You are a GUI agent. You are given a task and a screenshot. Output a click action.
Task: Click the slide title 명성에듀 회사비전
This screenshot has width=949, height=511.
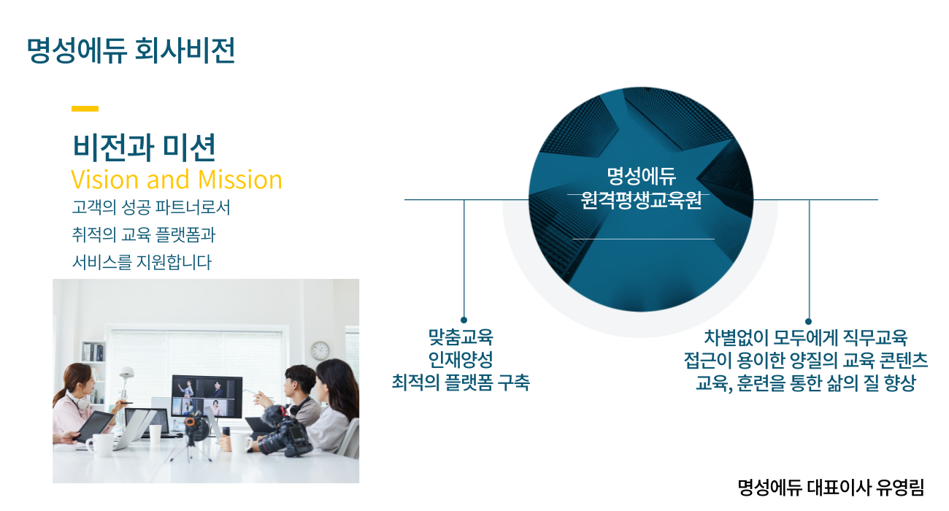[x=131, y=50]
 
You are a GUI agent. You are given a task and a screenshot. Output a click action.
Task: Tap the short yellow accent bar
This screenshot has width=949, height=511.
[x=85, y=109]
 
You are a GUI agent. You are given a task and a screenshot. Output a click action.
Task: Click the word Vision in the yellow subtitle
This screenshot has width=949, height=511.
[x=105, y=180]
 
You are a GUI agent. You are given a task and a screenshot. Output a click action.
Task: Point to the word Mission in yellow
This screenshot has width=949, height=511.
[x=239, y=180]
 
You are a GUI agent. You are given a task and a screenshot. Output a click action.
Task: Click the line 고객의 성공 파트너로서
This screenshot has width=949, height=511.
[x=151, y=207]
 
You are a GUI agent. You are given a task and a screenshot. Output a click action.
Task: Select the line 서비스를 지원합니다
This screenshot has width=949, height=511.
[x=142, y=262]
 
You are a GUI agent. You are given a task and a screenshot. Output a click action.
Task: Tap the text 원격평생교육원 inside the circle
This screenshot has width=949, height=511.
[x=641, y=200]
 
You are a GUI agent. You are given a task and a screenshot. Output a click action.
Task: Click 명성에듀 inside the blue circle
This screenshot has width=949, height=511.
[x=641, y=176]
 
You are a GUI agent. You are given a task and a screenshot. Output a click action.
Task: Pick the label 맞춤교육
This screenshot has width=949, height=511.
[x=461, y=337]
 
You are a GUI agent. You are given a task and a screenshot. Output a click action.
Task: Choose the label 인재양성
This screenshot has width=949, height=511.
[x=461, y=360]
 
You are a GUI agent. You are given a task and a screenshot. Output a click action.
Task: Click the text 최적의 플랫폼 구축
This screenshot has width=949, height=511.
[x=461, y=383]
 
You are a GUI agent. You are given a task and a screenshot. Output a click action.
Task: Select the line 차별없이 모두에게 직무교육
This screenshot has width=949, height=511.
[x=806, y=338]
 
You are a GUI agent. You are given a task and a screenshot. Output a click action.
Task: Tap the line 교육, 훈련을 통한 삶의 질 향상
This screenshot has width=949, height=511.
[x=806, y=383]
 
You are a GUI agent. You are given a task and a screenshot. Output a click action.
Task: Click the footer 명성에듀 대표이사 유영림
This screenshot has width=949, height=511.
[x=831, y=488]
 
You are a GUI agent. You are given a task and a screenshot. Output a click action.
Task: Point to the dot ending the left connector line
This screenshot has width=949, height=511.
[x=464, y=320]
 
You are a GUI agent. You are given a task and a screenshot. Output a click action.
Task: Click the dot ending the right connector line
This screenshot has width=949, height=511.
[x=808, y=321]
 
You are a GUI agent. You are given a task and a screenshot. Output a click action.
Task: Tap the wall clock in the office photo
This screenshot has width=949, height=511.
[x=320, y=351]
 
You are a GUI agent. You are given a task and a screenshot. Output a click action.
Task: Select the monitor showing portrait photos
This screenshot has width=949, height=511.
[x=207, y=397]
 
